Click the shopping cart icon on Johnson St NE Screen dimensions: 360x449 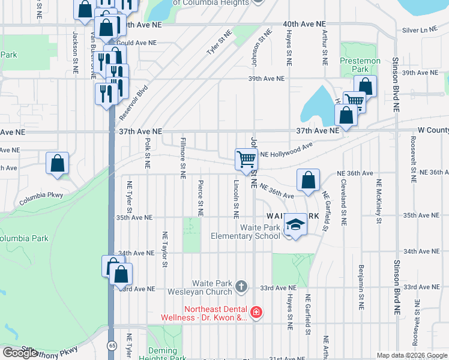pos(246,160)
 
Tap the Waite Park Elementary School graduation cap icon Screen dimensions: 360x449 pos(295,224)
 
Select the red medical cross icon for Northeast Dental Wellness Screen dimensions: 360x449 pos(256,311)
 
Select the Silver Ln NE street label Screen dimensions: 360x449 pos(419,29)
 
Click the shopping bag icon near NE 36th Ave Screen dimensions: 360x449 pos(308,180)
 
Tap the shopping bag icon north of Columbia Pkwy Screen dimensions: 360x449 pos(57,163)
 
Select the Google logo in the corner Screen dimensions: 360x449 pos(19,353)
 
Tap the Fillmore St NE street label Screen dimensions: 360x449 pos(181,157)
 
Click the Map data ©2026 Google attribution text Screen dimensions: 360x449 pos(411,355)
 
